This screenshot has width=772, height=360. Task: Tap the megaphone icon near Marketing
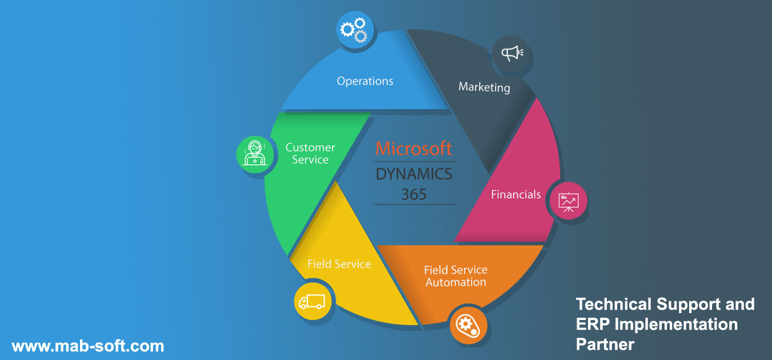point(511,54)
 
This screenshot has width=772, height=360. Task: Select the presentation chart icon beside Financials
point(569,201)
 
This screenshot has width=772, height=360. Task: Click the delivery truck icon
point(312,301)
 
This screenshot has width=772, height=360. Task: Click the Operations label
point(365,81)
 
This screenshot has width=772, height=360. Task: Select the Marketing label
point(484,87)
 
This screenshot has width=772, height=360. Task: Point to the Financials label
point(516,195)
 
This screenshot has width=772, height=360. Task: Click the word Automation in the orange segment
point(455,282)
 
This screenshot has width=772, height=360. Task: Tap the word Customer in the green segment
point(310,147)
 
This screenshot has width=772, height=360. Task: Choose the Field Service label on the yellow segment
point(339,264)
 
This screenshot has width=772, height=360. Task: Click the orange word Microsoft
point(414,149)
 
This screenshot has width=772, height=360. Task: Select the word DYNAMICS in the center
point(414,173)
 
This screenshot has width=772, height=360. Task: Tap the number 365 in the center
point(414,194)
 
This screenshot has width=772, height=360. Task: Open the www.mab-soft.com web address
point(88,346)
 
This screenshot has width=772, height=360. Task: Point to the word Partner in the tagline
point(605,345)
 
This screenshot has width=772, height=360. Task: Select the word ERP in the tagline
point(591,325)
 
